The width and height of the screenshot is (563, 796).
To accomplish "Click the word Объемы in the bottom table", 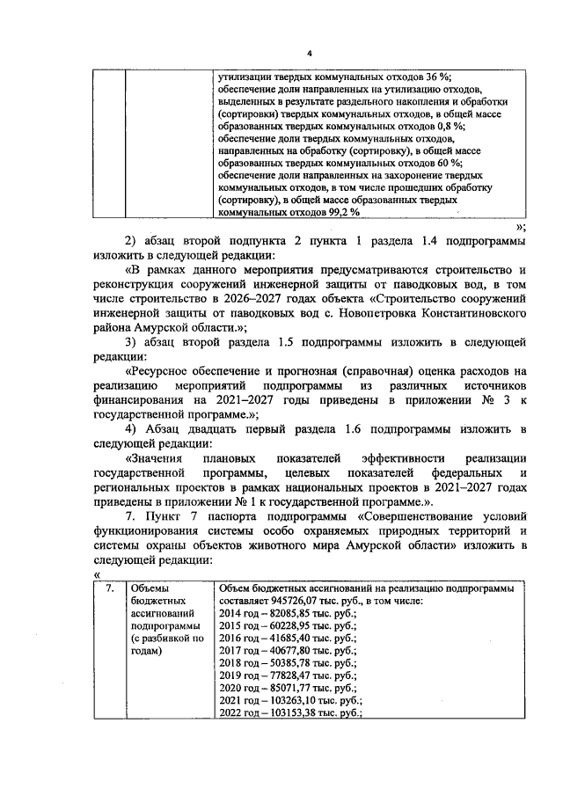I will [x=149, y=588].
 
